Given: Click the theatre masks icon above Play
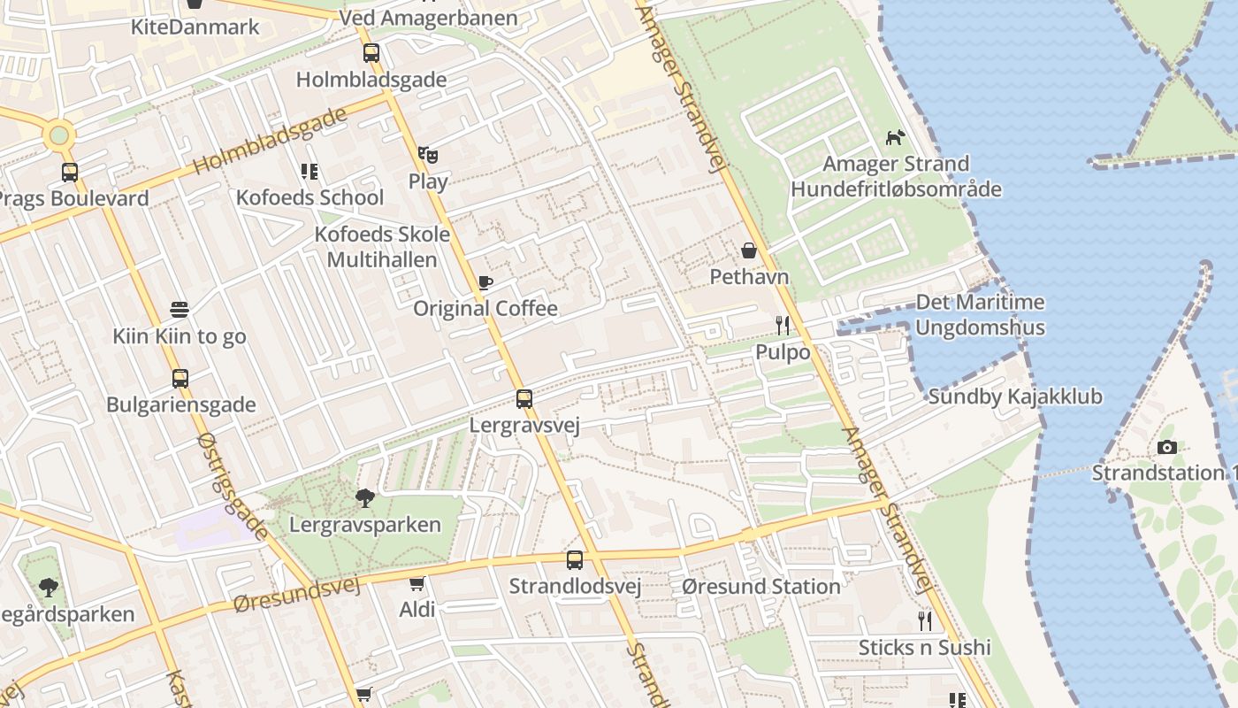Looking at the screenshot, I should point(428,155).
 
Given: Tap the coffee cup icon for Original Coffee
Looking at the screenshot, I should point(485,283).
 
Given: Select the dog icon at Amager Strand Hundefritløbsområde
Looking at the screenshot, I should point(896,138).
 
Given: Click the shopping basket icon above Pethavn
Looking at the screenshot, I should point(749,251).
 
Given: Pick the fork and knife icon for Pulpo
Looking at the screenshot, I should point(782,326).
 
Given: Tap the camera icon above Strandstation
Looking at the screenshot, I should point(1167,448).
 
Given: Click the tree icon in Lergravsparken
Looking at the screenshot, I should point(364,498).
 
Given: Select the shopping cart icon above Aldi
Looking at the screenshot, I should point(416,584).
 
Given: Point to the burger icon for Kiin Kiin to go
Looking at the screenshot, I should point(180,310).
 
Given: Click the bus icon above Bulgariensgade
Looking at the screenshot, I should point(180,379).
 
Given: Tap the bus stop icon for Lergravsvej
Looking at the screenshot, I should point(524,399).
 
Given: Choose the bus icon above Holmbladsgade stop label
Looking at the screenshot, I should point(371,53).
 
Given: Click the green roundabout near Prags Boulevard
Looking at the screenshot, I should point(59,135).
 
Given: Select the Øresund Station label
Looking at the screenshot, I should point(761,587).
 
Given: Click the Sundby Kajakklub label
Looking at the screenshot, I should point(1015,396).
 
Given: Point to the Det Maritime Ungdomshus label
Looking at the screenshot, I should point(980,315).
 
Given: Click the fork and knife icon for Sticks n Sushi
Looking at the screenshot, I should point(925,620).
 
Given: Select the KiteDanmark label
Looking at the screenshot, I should point(195,27).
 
